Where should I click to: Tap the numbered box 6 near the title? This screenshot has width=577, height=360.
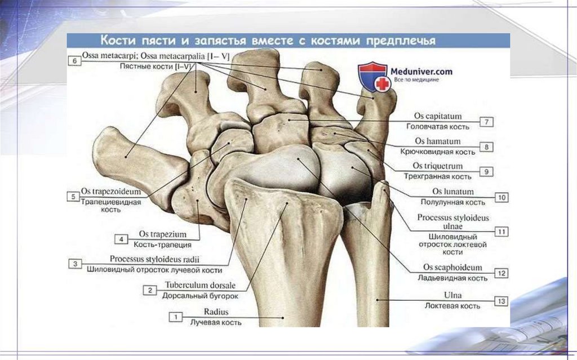tap(74, 61)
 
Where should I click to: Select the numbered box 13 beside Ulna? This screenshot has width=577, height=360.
tap(501, 301)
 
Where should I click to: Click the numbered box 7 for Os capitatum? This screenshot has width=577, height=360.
tap(486, 122)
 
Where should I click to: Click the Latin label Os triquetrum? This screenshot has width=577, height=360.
tap(437, 166)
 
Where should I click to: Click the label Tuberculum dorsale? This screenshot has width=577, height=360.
tap(201, 285)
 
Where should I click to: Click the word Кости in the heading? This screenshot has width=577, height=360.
tap(116, 41)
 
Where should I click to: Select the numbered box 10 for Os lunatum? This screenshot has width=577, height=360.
tap(501, 197)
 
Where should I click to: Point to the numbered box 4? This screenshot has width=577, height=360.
tap(121, 239)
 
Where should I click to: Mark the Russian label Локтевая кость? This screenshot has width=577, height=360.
tap(453, 306)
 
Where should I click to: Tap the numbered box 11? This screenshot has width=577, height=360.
tap(501, 231)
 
